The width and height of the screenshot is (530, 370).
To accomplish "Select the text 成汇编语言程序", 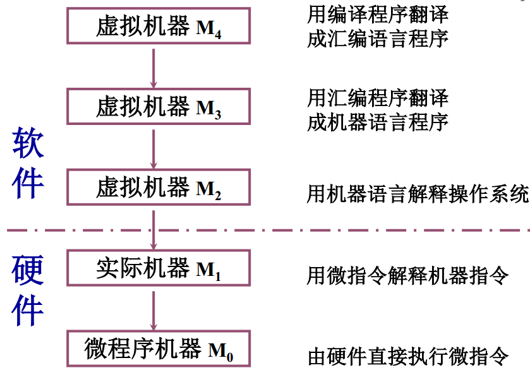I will (x=377, y=39).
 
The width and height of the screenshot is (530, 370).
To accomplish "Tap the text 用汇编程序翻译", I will (x=377, y=97).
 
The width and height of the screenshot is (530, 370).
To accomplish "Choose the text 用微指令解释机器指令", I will (x=407, y=275).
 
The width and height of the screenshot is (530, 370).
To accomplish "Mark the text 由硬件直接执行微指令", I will (x=407, y=356).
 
